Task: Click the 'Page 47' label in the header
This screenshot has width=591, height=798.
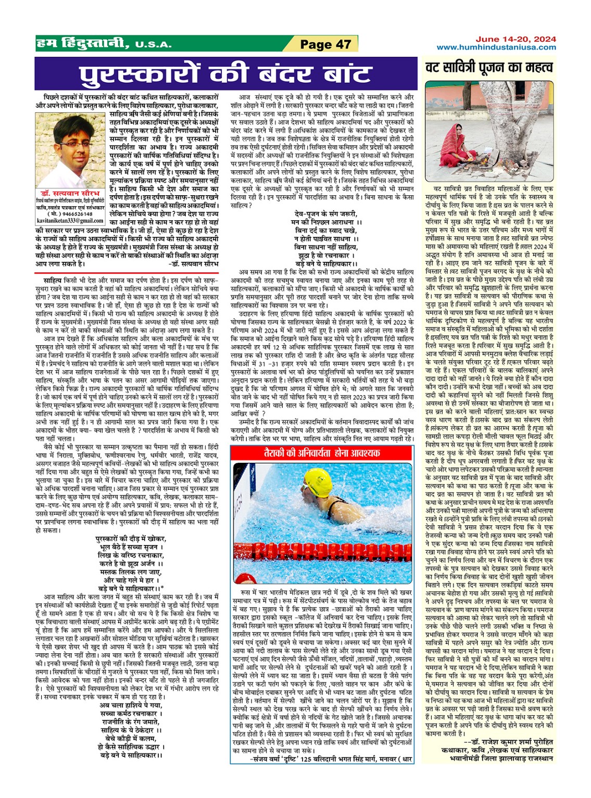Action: click(x=325, y=44)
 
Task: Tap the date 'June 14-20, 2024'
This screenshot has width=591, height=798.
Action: click(x=515, y=39)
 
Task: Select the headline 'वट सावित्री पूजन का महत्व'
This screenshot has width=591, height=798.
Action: click(x=489, y=68)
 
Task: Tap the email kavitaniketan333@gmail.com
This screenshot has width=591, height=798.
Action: click(x=71, y=221)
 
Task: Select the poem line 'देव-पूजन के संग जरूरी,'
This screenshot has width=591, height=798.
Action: click(x=325, y=214)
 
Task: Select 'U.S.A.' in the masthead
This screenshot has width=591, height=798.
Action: click(x=153, y=45)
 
